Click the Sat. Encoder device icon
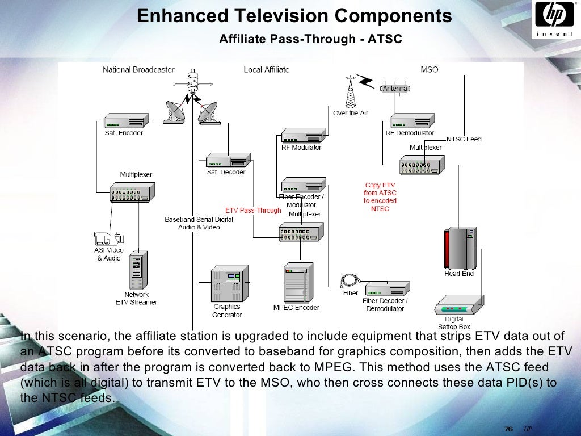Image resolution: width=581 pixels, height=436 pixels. (125, 120)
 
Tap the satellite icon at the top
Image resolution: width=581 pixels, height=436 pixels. (194, 82)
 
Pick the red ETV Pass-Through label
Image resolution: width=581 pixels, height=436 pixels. (253, 211)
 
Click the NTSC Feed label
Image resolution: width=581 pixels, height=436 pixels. (464, 139)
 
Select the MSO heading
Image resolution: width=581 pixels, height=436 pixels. (429, 70)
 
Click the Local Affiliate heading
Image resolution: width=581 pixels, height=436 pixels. (267, 70)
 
